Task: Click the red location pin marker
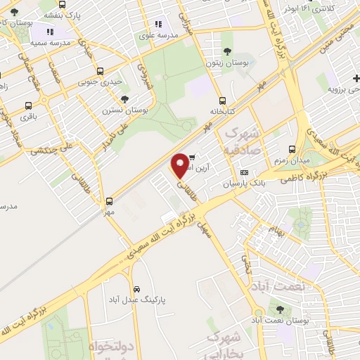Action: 181,165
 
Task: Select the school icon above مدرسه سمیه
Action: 50,32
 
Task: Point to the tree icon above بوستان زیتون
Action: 227,51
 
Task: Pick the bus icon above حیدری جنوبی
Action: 100,71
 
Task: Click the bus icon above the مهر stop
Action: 108,200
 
